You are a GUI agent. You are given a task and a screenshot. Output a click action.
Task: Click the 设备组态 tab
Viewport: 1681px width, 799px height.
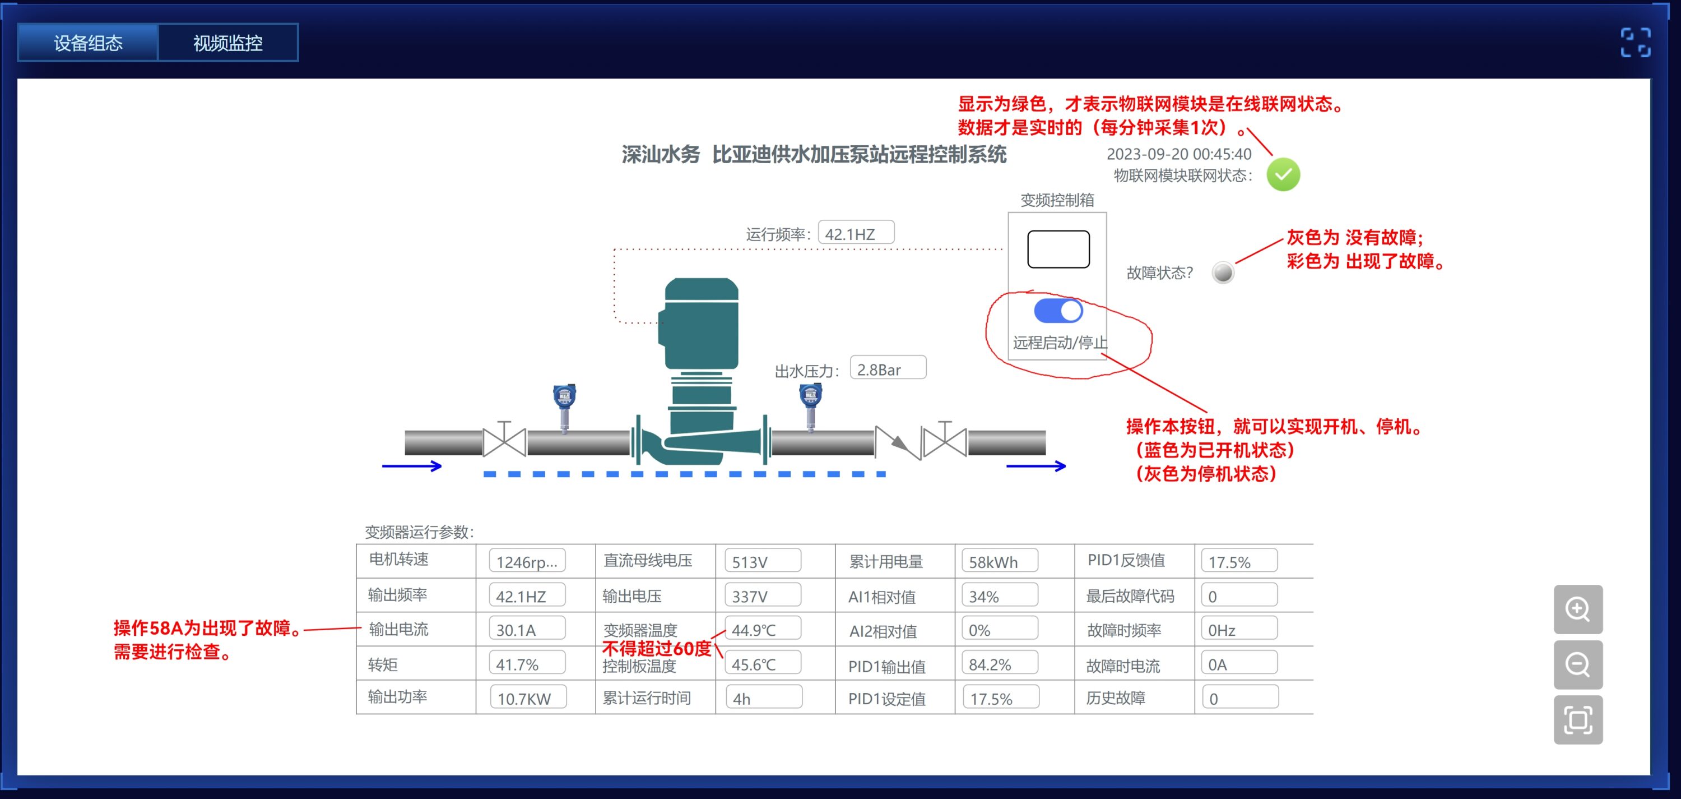(88, 43)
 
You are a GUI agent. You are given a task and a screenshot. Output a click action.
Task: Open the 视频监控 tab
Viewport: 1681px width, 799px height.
(227, 43)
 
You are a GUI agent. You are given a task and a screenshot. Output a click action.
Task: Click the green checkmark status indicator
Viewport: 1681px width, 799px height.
(1283, 175)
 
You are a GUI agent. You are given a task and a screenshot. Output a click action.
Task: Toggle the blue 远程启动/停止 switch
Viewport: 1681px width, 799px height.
(1058, 311)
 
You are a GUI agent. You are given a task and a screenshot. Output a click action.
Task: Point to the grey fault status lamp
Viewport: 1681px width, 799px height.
(1223, 272)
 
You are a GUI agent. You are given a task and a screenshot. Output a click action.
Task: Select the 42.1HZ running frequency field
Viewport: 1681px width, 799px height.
(856, 233)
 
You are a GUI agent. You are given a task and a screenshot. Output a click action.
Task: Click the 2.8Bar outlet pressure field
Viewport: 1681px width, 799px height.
(888, 369)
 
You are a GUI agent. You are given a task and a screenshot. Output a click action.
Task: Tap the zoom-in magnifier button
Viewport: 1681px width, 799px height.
(1578, 609)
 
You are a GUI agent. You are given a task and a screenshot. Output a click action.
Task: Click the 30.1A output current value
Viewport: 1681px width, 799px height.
(527, 629)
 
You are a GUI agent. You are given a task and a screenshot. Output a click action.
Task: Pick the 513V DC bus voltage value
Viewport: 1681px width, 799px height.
(762, 561)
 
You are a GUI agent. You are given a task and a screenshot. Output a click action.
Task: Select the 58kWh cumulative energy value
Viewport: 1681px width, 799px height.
(999, 561)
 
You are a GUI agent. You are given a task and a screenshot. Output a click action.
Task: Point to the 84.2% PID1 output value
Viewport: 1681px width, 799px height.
(999, 664)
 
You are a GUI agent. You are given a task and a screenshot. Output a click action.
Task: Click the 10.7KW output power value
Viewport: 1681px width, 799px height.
(527, 698)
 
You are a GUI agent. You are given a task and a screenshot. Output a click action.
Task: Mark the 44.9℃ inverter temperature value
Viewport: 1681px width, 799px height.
(762, 629)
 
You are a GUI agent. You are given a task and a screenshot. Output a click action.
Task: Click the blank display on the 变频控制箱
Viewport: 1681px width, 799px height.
(1058, 249)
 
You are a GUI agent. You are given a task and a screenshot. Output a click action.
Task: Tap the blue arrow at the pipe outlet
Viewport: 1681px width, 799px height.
(1035, 465)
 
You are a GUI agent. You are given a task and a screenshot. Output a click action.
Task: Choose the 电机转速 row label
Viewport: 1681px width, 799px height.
(399, 560)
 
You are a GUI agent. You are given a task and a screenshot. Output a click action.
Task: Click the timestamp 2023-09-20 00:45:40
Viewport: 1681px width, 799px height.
(1178, 154)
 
